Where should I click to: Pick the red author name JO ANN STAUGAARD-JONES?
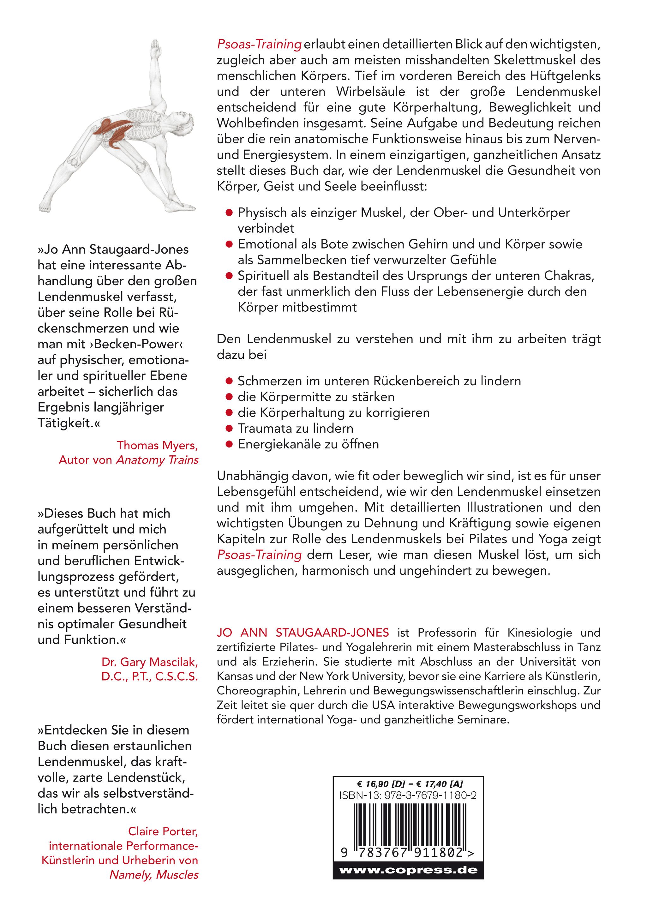tap(303, 633)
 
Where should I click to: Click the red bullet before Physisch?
tap(229, 213)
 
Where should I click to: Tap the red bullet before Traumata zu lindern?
tap(229, 429)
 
